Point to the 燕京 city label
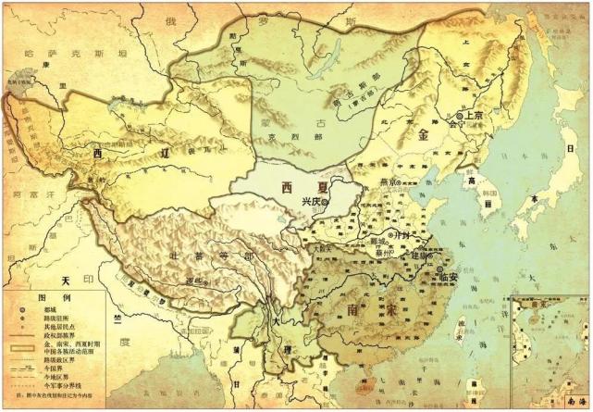pyautogui.click(x=389, y=181)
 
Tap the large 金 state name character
pyautogui.click(x=425, y=135)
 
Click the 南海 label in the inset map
pyautogui.click(x=570, y=402)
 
